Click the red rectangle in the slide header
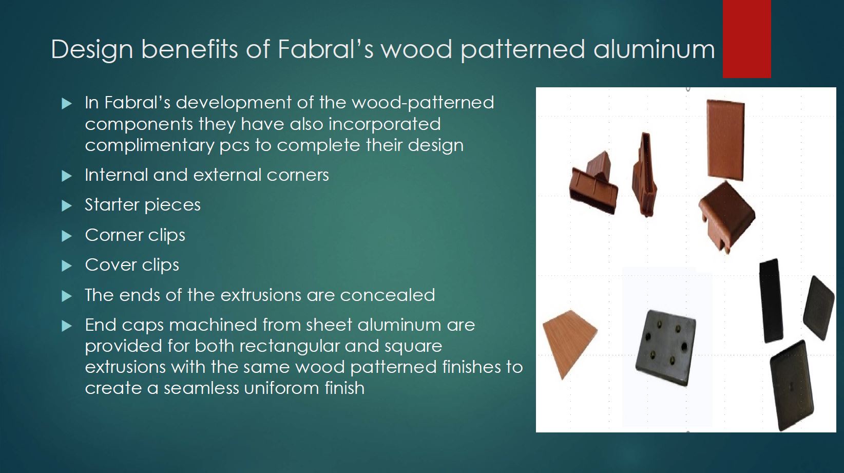(746, 39)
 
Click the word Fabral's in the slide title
(325, 49)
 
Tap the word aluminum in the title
(654, 49)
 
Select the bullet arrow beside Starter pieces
(67, 206)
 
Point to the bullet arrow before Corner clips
(67, 236)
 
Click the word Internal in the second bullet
(116, 175)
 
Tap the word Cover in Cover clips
(110, 264)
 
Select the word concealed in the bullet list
(387, 295)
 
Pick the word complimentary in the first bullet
(149, 145)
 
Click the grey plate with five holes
(665, 348)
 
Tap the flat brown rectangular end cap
(725, 140)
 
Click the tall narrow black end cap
(771, 301)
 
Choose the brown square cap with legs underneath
(726, 216)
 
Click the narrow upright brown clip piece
(644, 175)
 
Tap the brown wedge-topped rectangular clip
(594, 182)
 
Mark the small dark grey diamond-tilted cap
(819, 308)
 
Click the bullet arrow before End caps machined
(67, 326)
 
